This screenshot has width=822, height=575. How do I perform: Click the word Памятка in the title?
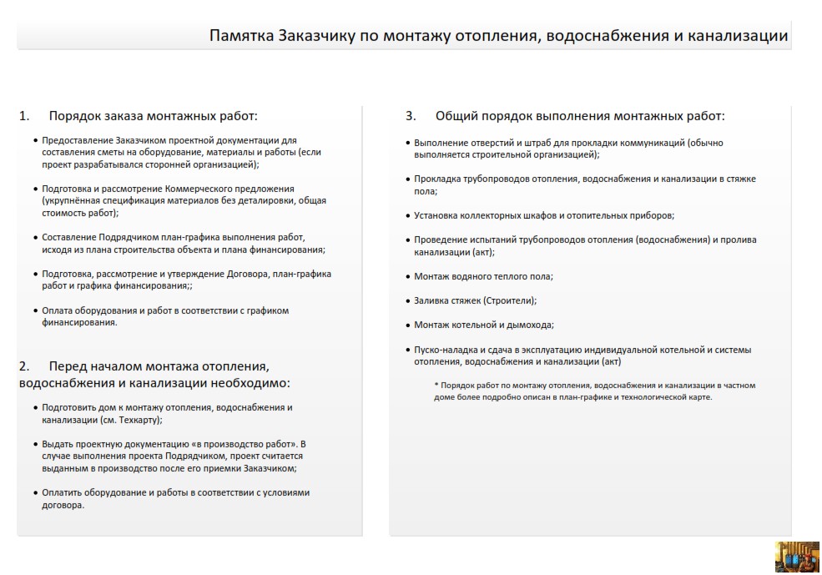tap(240, 36)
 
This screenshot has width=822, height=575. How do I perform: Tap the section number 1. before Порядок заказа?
tap(24, 116)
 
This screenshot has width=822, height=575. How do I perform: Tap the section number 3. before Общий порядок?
tap(411, 116)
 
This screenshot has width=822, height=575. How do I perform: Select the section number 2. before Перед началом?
tap(24, 366)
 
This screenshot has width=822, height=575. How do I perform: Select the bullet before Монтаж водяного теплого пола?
tap(407, 276)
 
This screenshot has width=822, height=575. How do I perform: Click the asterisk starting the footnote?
tap(436, 386)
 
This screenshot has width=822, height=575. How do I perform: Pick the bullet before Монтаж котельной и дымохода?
tap(407, 325)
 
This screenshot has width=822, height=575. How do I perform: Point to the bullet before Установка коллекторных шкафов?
tap(407, 215)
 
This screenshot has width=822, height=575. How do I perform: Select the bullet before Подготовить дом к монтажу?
tap(35, 408)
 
